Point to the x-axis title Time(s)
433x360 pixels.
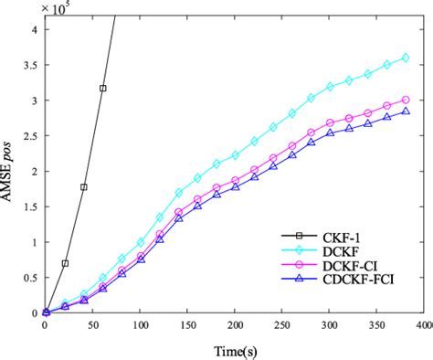click(x=234, y=350)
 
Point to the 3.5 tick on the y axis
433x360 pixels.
click(x=30, y=65)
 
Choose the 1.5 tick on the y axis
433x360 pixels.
click(x=30, y=206)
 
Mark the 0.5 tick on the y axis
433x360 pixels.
click(x=30, y=278)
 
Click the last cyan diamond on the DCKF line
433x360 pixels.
click(x=405, y=58)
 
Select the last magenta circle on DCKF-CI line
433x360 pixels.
click(x=405, y=100)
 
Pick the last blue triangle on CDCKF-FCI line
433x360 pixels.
click(x=405, y=111)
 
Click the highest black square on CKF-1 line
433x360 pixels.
click(x=102, y=89)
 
